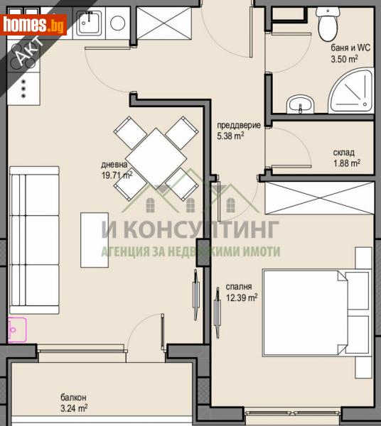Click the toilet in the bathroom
[x=327, y=26]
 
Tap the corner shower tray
[x=351, y=92]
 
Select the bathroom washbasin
[x=299, y=106]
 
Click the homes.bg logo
[x=34, y=24]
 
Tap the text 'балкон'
[x=73, y=398]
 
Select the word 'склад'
[x=343, y=153]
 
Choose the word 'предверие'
[x=234, y=126]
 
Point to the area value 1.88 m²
[x=346, y=163]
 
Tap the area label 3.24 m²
[x=73, y=408]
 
